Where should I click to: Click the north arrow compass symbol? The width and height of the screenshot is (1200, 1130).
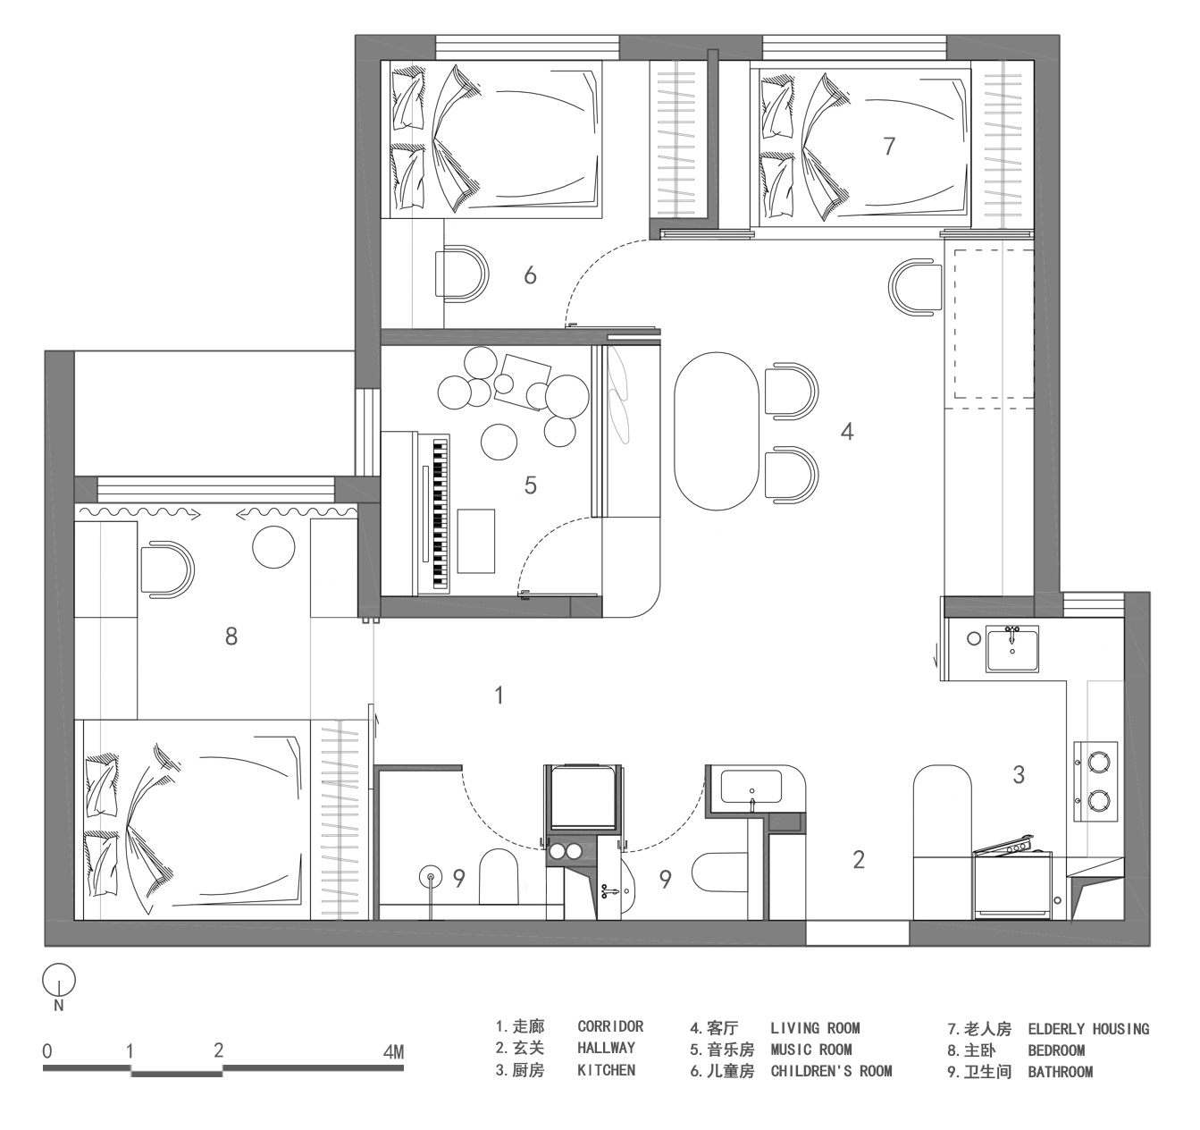pos(59,982)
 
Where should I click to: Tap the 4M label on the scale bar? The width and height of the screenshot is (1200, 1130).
pos(393,1051)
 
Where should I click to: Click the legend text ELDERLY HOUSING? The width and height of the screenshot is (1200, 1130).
pos(1088,1029)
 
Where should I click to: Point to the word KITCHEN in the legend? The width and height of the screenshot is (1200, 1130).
pos(606,1070)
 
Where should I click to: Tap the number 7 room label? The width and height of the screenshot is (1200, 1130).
pos(888,146)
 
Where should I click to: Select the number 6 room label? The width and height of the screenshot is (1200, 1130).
pos(530,275)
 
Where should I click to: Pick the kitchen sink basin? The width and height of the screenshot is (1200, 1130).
pos(1012,647)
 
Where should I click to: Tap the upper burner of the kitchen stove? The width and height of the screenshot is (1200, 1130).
pos(1098,761)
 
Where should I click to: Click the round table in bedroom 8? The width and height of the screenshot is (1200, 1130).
pos(273,546)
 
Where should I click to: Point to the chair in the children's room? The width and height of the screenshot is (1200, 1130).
pos(462,273)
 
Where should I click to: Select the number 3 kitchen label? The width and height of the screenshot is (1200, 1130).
pos(1019,774)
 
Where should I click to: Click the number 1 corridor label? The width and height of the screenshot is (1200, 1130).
pos(499,695)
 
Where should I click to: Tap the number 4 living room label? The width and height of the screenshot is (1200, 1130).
pos(847,432)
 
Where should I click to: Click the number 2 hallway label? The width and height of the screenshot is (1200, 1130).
pos(859,860)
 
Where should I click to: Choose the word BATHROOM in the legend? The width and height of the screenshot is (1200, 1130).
pos(1060,1072)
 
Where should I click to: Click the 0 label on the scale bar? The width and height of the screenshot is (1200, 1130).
pos(47,1050)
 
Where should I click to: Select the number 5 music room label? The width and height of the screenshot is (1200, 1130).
pos(531,485)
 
